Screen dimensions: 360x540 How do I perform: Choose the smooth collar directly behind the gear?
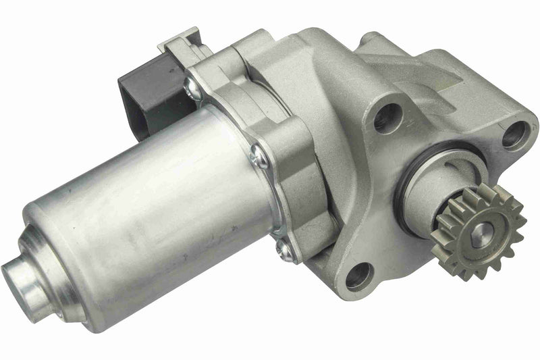(432, 196)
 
